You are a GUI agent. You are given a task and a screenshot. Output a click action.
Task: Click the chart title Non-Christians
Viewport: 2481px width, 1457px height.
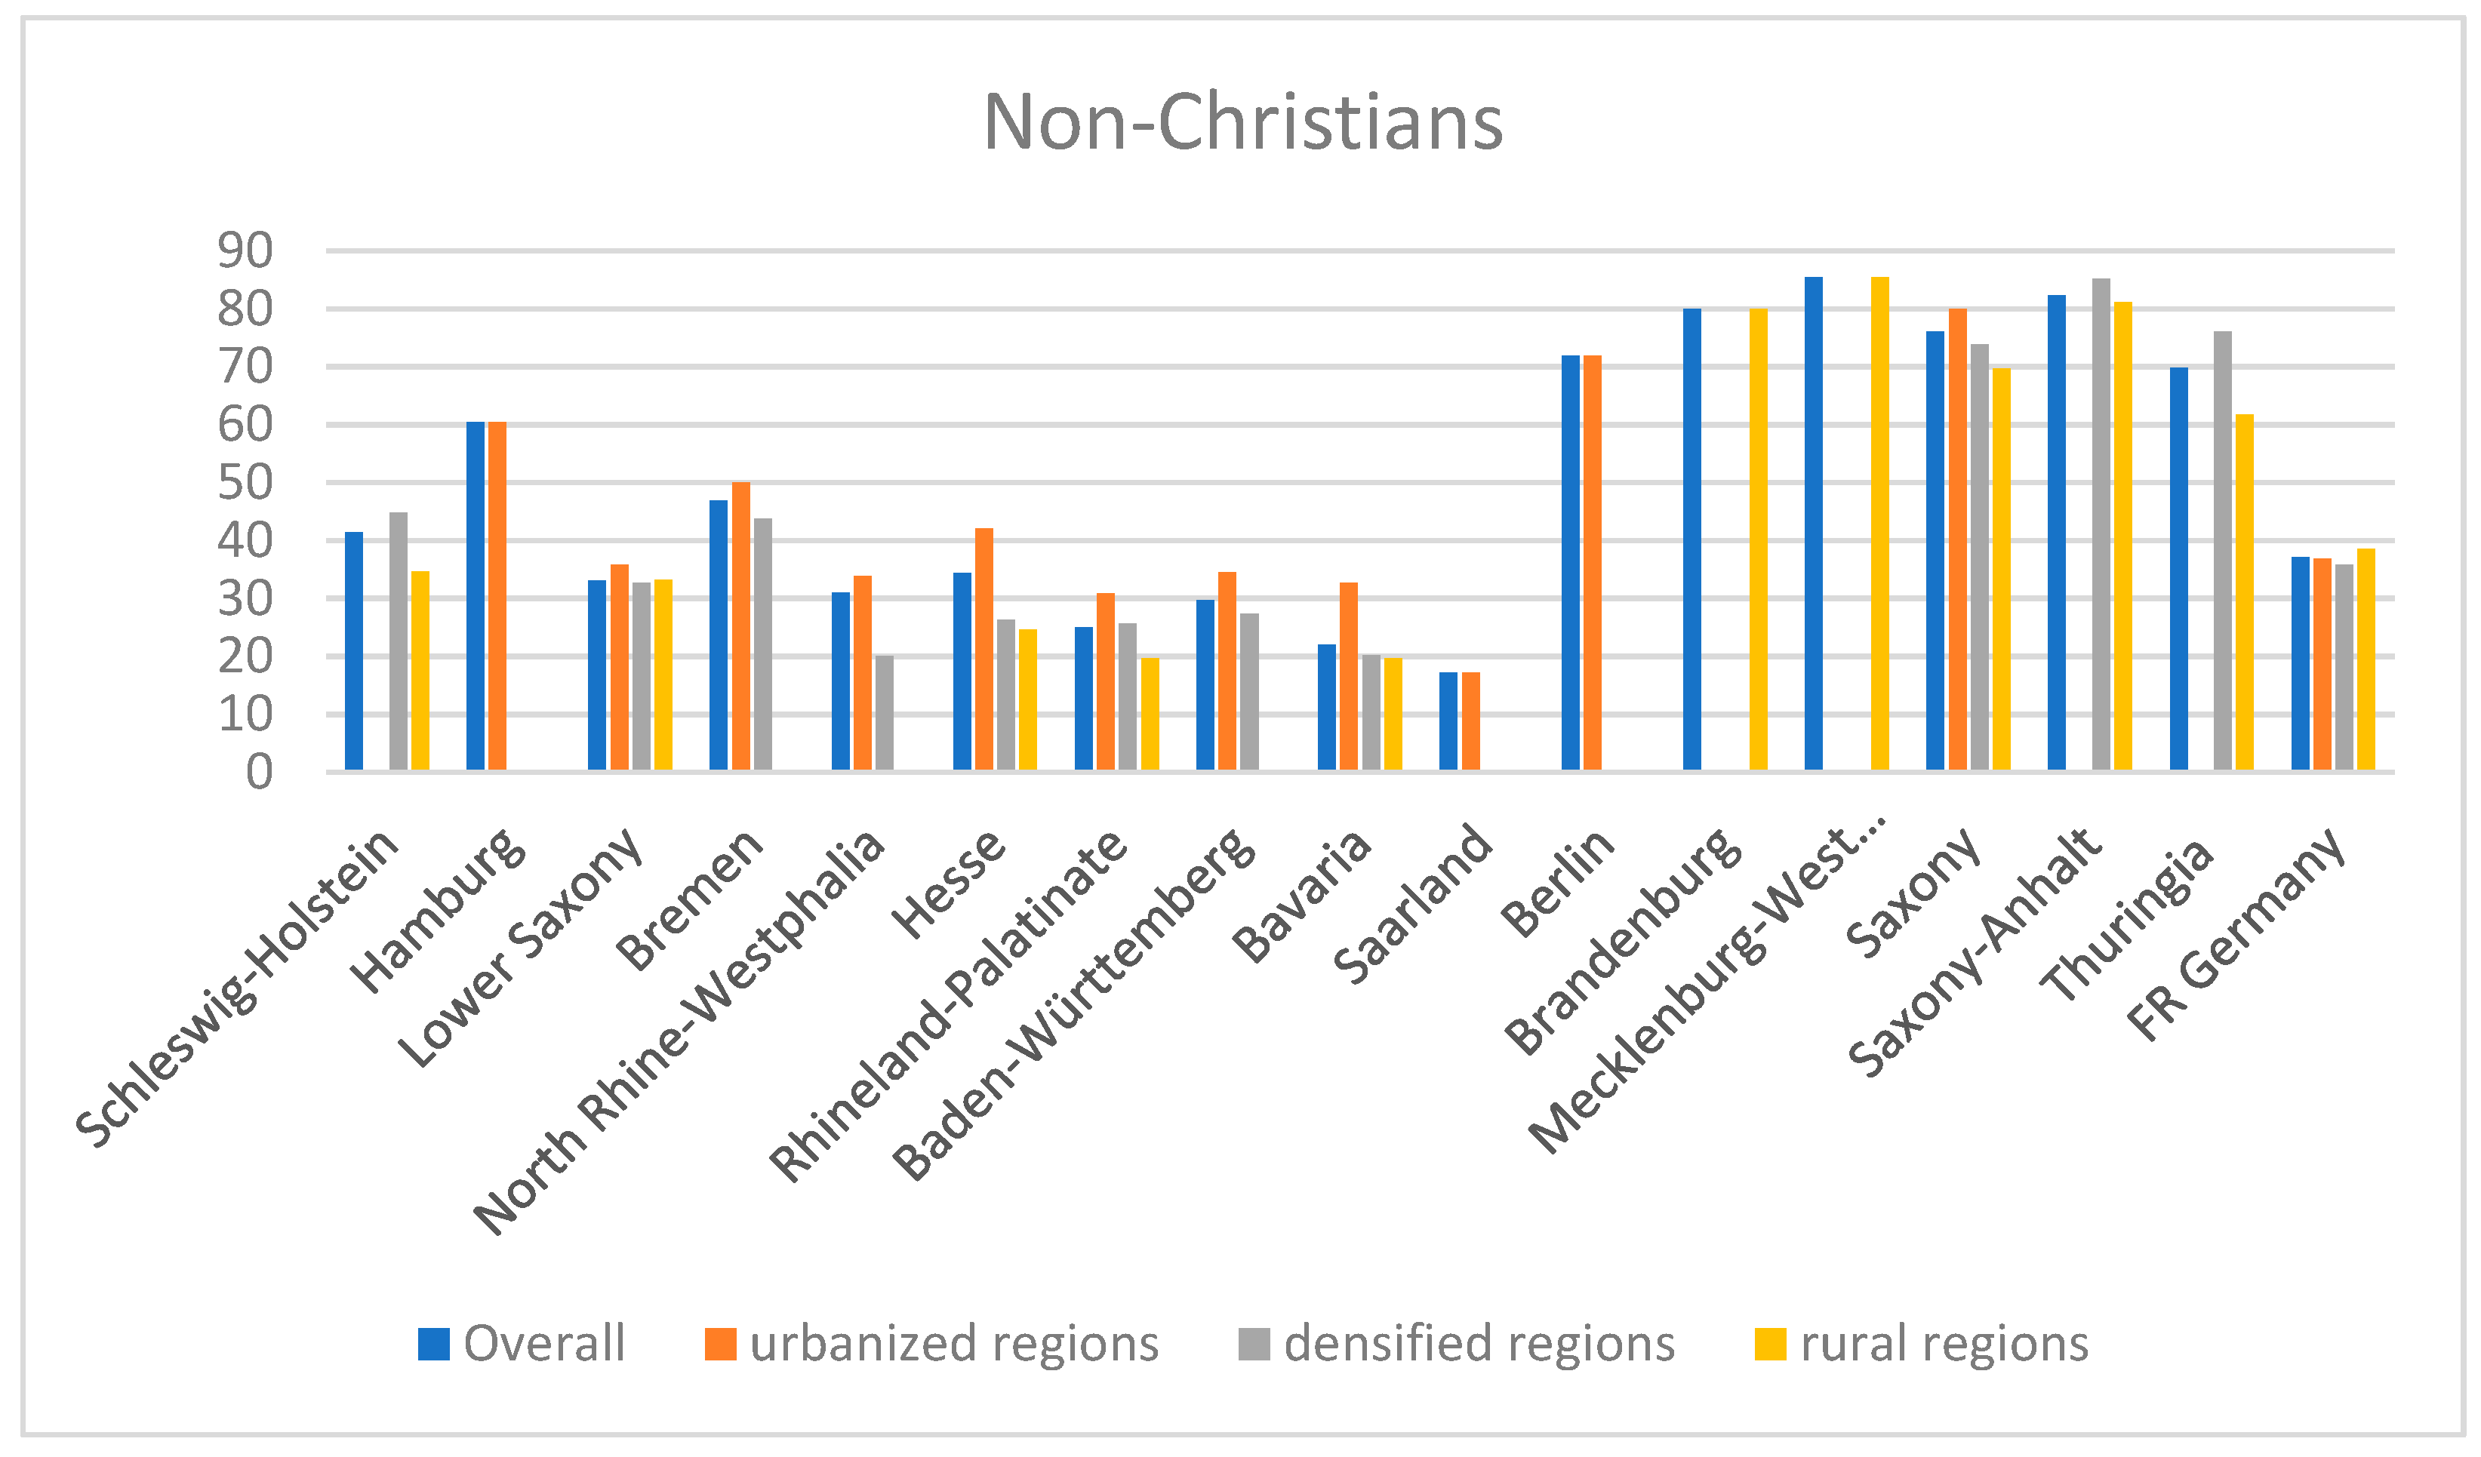[1242, 123]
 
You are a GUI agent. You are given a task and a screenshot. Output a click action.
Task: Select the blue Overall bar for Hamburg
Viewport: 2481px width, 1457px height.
[476, 595]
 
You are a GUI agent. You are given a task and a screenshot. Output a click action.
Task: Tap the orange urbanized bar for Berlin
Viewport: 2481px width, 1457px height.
[1592, 563]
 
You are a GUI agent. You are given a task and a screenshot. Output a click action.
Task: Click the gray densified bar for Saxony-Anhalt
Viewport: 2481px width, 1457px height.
[2101, 524]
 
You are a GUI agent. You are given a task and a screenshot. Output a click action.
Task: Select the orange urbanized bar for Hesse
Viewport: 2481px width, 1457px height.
[983, 650]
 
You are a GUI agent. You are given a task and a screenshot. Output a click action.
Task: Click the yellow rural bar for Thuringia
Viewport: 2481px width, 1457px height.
[2244, 592]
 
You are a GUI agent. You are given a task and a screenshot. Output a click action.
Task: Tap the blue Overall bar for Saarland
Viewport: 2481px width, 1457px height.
[1448, 721]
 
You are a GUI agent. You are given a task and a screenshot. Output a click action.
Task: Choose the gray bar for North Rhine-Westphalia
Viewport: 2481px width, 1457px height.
[884, 713]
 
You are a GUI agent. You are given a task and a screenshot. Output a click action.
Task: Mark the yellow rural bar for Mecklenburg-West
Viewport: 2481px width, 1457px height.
[1879, 524]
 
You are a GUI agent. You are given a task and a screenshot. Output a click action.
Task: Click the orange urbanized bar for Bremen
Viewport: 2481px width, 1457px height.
[740, 626]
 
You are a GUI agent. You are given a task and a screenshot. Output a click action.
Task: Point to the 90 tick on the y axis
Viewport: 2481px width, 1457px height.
[245, 252]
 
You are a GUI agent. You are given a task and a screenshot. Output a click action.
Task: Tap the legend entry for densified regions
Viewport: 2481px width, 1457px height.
[1457, 1344]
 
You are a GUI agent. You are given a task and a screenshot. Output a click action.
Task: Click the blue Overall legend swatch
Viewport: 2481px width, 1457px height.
[433, 1344]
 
